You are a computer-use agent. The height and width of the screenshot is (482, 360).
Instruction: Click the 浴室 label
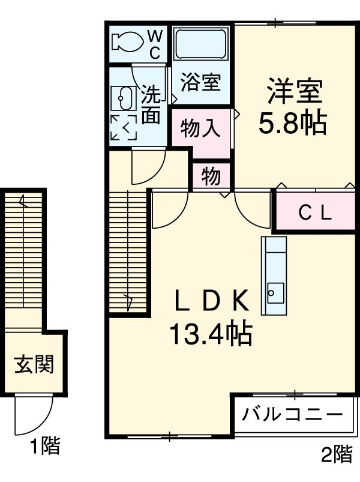coord(201,83)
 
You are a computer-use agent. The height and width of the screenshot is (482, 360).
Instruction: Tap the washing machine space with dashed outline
coord(124,127)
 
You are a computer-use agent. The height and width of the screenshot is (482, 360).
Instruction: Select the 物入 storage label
coord(200,128)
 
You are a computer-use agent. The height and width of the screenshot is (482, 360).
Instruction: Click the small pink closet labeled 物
coord(211,177)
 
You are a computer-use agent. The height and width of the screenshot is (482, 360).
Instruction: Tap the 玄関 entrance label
coord(34,364)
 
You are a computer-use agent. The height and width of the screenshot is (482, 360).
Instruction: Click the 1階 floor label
coord(45,446)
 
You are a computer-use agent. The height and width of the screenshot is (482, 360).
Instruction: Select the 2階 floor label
coord(335,454)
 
